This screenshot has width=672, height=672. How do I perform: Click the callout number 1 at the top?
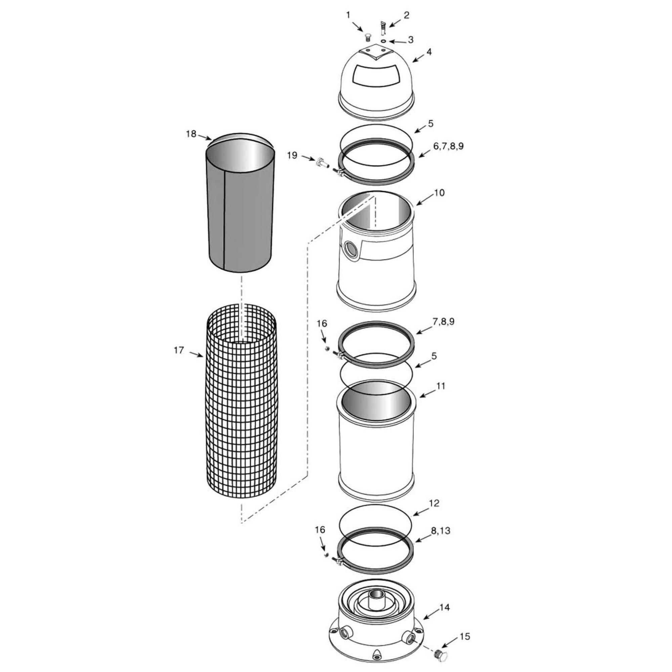click(x=348, y=15)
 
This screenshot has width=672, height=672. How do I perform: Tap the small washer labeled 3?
click(x=383, y=41)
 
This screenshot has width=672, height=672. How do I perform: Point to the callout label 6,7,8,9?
click(x=448, y=146)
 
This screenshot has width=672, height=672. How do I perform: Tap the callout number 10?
click(x=439, y=192)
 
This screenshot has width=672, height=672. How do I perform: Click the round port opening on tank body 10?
click(x=349, y=249)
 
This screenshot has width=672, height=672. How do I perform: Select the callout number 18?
click(x=191, y=134)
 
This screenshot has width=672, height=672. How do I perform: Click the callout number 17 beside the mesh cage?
click(x=179, y=350)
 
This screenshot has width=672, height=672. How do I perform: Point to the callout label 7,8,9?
click(x=444, y=322)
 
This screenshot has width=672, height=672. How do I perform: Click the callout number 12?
click(x=434, y=503)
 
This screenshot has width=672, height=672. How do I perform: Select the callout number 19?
click(x=292, y=155)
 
